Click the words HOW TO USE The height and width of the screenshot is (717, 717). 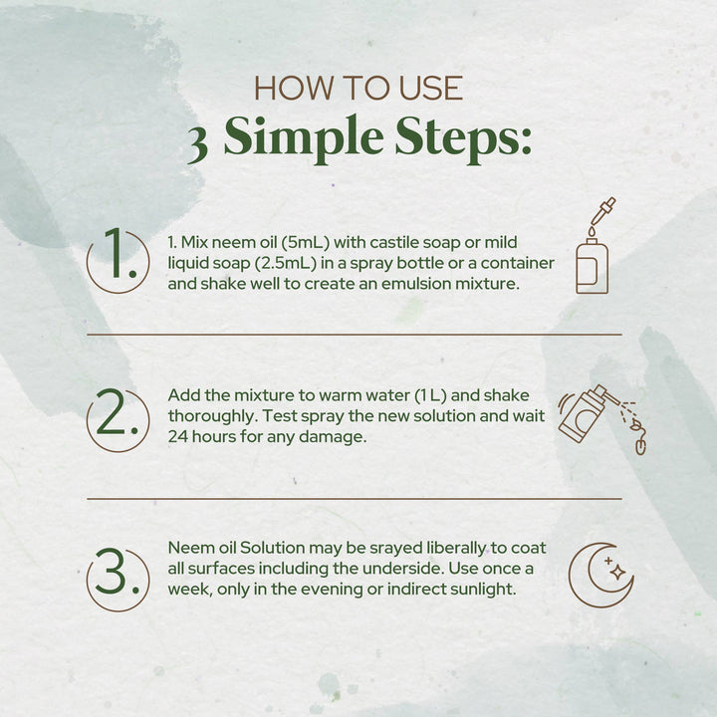coord(358,88)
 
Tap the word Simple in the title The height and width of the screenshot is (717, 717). coord(304,137)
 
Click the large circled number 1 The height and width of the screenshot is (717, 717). coord(119,261)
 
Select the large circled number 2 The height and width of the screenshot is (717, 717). coord(119,419)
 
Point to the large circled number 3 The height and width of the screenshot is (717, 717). coord(119,579)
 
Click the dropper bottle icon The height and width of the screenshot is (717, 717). coord(594,246)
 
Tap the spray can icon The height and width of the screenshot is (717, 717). coord(602,419)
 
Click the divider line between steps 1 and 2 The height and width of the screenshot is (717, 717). coord(355,335)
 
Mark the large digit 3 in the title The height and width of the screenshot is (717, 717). coord(198,145)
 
